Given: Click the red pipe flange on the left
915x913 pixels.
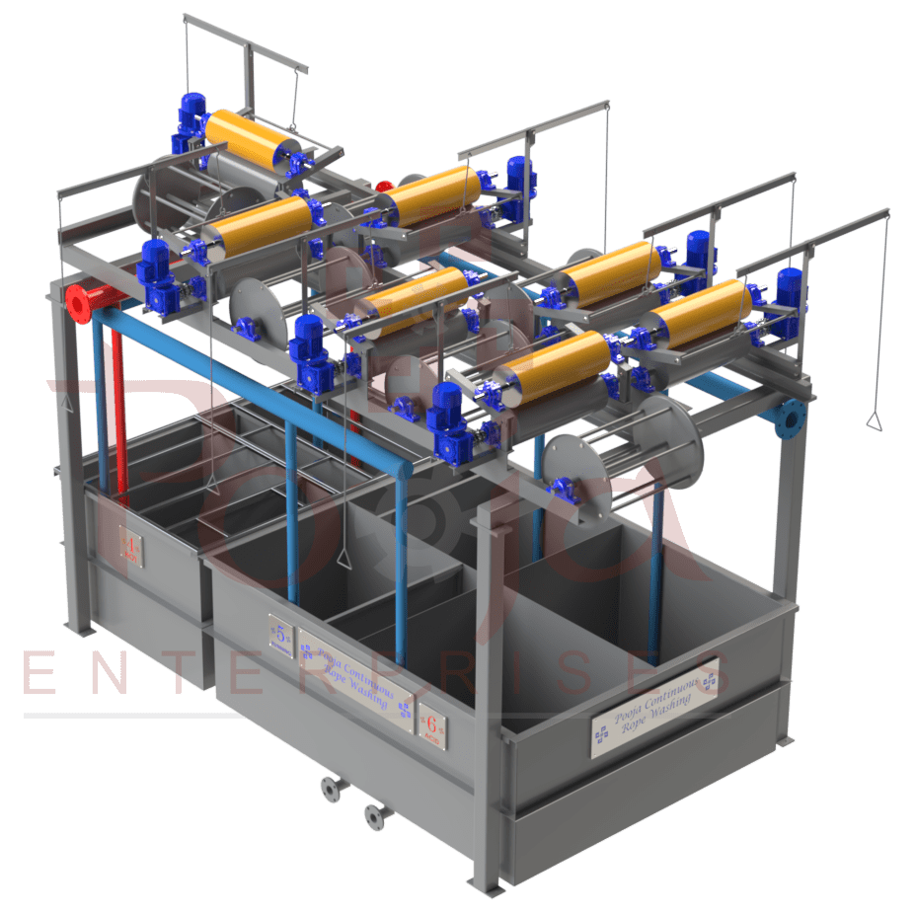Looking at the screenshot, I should click(x=76, y=302).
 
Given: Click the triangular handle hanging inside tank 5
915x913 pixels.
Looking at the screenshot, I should click(x=345, y=558).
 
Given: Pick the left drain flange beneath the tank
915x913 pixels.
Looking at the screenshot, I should click(x=328, y=788).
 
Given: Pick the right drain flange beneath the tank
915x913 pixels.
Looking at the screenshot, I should click(x=372, y=814).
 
